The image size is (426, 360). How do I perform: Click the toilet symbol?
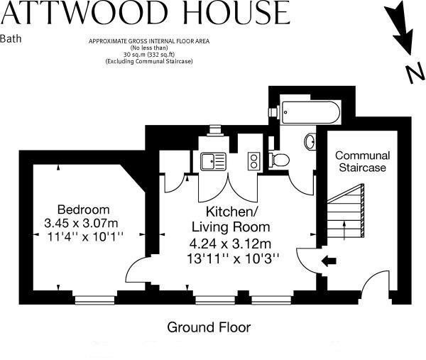(x=279, y=160)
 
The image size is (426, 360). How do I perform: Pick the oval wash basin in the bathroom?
(x=310, y=142)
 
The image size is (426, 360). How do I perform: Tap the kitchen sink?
(x=213, y=162)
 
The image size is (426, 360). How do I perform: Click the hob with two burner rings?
(x=253, y=161)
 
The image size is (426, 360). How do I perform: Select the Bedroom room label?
(x=83, y=209)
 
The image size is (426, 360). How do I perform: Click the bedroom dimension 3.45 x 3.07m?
(x=83, y=223)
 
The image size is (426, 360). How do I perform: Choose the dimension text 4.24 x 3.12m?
(x=230, y=243)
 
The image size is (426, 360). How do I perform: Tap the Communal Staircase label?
(x=362, y=161)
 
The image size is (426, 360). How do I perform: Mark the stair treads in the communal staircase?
(x=344, y=213)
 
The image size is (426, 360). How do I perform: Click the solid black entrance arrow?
(x=329, y=261)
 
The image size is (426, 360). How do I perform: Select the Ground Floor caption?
(x=209, y=327)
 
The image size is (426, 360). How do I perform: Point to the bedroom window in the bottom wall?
(x=94, y=300)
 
